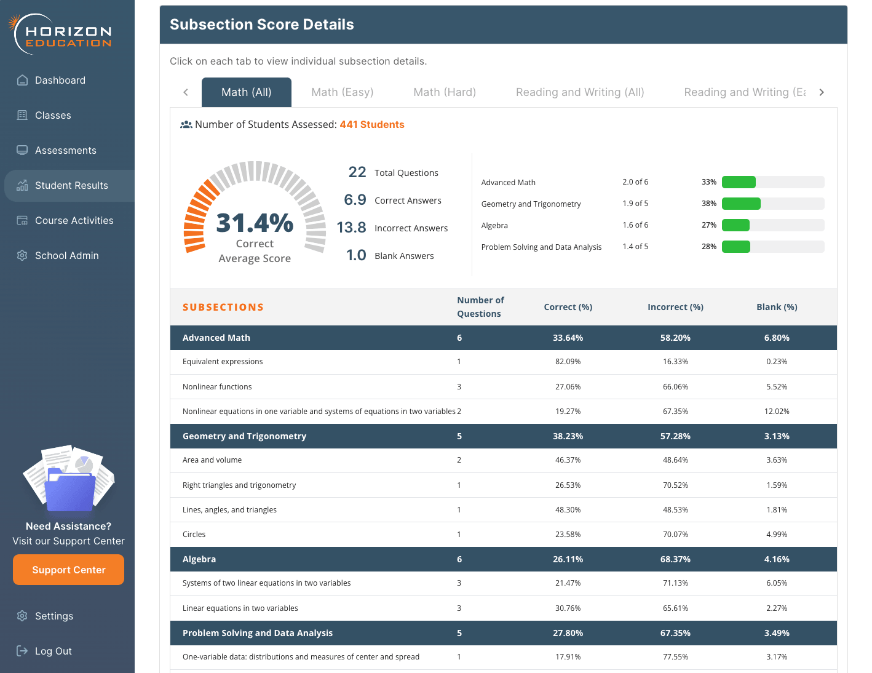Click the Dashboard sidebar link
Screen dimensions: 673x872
click(60, 81)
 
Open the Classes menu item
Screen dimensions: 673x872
click(53, 116)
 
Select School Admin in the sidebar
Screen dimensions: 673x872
click(66, 256)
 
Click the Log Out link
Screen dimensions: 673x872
click(53, 651)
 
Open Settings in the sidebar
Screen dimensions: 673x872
click(54, 616)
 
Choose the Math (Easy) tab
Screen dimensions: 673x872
click(342, 92)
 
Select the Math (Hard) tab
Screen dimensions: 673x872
click(445, 92)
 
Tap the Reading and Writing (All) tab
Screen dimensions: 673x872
click(580, 92)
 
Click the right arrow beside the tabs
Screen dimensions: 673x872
click(822, 92)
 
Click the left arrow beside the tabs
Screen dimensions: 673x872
click(186, 92)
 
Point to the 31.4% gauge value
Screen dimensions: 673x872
click(255, 223)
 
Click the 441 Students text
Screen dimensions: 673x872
click(372, 125)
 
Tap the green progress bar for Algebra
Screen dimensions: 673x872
click(735, 225)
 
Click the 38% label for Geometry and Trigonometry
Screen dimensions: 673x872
click(708, 204)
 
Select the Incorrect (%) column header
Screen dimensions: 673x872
click(675, 307)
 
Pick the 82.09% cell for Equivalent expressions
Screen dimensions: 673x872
click(568, 362)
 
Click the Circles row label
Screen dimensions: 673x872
click(194, 535)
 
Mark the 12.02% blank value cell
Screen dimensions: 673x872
click(777, 412)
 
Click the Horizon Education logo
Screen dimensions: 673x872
click(61, 34)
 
